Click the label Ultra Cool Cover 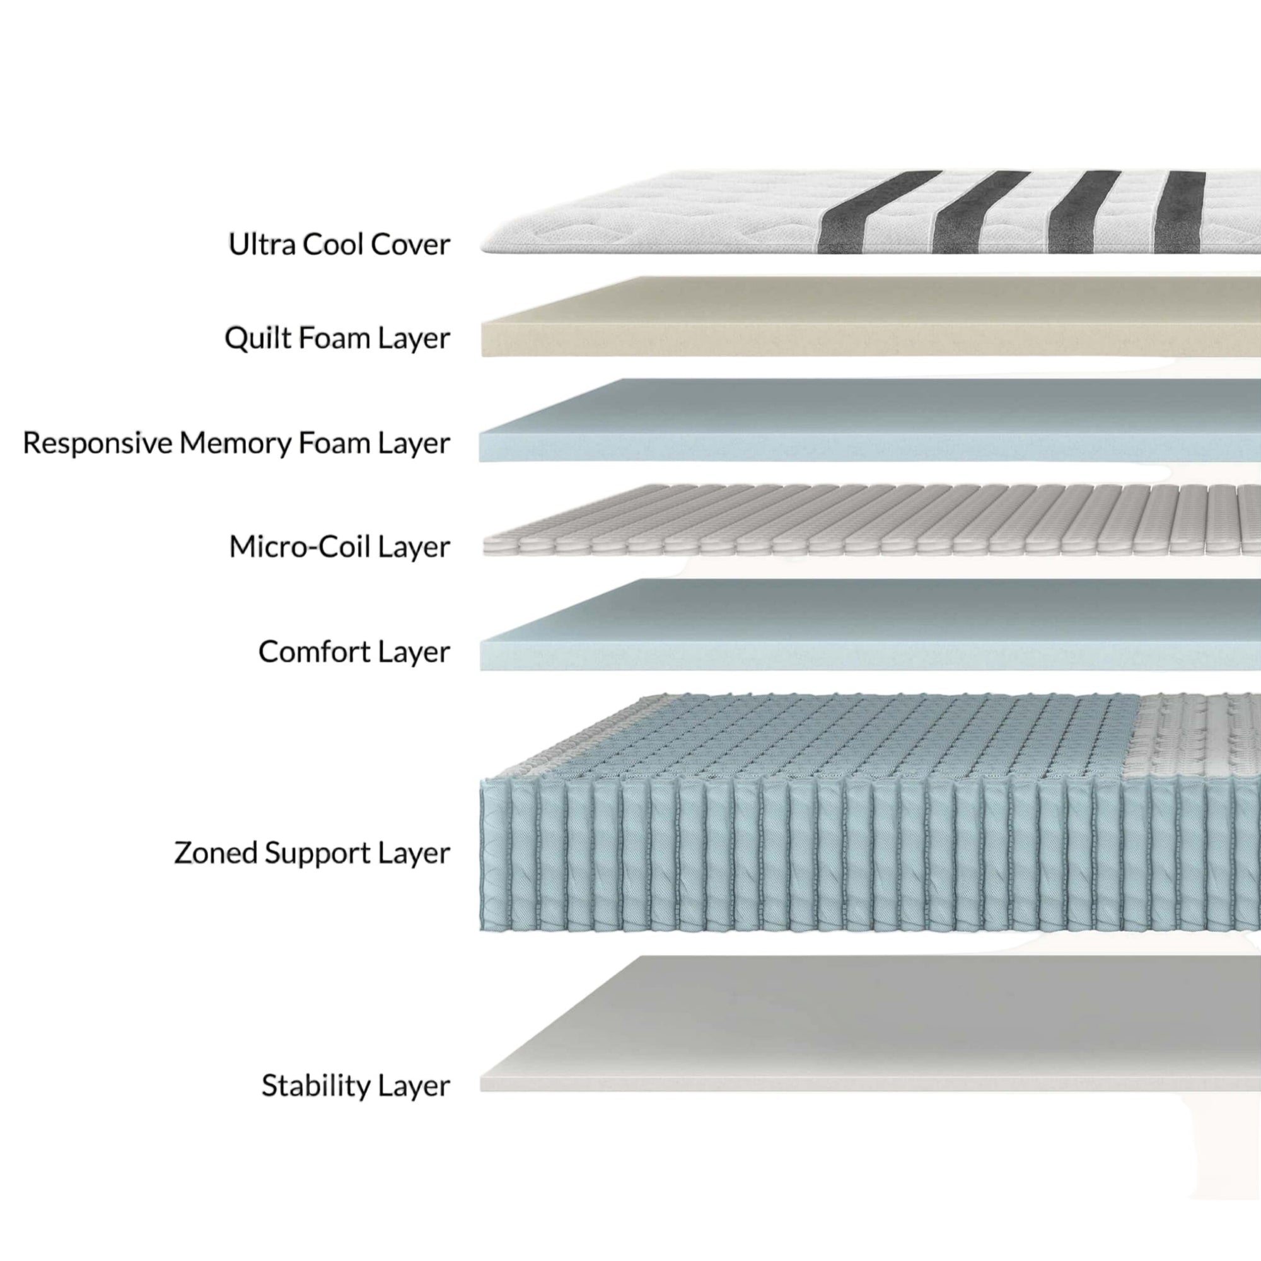pyautogui.click(x=339, y=245)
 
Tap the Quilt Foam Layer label pyautogui.click(x=337, y=339)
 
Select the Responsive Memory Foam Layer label pyautogui.click(x=236, y=443)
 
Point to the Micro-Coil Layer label pyautogui.click(x=339, y=546)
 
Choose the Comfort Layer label pyautogui.click(x=354, y=651)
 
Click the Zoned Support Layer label pyautogui.click(x=312, y=853)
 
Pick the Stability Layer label pyautogui.click(x=356, y=1086)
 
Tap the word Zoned pyautogui.click(x=216, y=852)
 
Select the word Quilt pyautogui.click(x=257, y=339)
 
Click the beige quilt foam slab pyautogui.click(x=871, y=317)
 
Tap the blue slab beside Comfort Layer pyautogui.click(x=871, y=625)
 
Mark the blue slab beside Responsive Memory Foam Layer pyautogui.click(x=871, y=421)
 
